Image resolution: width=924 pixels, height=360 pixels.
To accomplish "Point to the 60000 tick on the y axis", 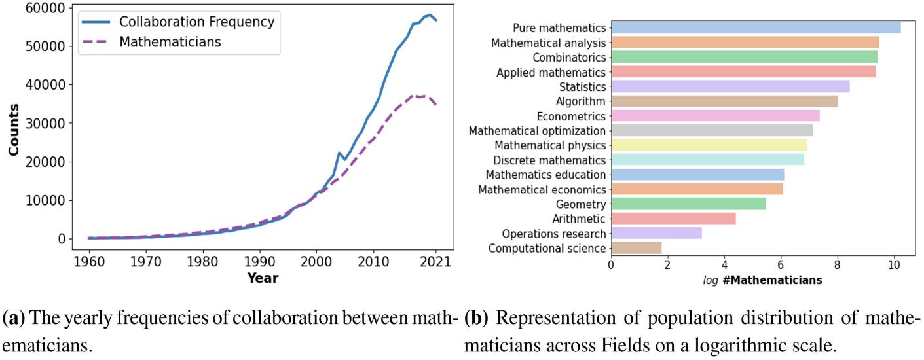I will [45, 8].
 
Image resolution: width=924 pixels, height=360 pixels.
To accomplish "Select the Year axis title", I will [263, 278].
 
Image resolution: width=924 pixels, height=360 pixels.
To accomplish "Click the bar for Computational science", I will [636, 248].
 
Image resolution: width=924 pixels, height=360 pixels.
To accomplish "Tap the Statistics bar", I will [730, 86].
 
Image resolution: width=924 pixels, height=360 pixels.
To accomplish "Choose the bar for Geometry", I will [688, 204].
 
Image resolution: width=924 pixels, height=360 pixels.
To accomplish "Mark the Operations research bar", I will [656, 233].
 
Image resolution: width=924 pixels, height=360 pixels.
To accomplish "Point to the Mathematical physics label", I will [550, 145].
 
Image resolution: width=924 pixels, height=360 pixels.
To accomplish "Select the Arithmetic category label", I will [580, 219].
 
